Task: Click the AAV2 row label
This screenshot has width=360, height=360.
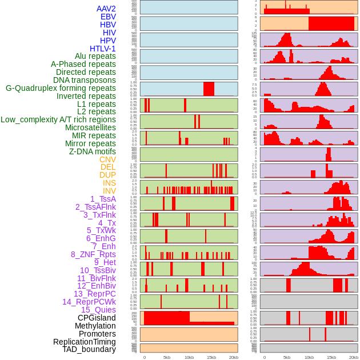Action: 106,9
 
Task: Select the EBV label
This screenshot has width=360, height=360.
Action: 108,17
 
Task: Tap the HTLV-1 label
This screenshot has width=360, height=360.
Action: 103,49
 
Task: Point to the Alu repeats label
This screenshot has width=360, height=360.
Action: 95,57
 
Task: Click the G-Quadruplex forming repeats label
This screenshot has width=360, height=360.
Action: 61,88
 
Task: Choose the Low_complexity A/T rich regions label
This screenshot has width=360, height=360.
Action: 58,119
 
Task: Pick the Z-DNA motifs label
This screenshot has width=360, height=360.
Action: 93,151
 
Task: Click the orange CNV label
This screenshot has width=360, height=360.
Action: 107,159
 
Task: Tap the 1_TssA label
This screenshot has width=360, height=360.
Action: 103,199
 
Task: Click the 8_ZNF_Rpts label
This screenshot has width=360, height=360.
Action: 93,254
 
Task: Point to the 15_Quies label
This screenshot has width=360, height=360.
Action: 98,310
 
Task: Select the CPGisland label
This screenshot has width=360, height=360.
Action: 97,318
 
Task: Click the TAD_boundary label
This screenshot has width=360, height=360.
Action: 89,349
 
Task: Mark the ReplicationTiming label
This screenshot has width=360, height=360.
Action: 85,342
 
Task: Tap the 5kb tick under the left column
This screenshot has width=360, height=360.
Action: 167,357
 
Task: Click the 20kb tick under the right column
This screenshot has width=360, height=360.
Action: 354,357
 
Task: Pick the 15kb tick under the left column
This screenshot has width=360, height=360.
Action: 211,357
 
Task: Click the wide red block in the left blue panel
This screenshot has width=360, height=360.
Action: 209,89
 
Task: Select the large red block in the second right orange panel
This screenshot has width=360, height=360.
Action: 331,23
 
